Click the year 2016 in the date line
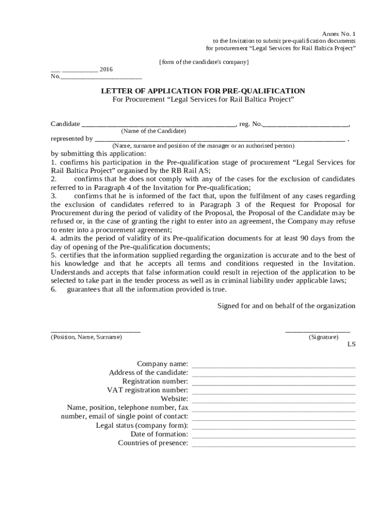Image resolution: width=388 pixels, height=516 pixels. (106, 69)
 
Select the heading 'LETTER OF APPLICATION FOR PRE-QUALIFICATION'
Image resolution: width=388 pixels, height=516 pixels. (203, 91)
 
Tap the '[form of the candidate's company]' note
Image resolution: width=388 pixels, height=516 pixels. (204, 62)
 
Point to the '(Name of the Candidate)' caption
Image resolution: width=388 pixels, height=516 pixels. (154, 131)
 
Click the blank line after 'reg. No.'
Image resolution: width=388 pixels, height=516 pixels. (306, 124)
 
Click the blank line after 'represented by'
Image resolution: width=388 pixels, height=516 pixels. (220, 140)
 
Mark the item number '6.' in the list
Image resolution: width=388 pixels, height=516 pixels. (53, 289)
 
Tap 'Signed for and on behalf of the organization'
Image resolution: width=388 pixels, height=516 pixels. (286, 306)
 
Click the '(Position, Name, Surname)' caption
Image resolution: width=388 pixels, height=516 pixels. (86, 337)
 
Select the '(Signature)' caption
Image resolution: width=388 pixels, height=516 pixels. (324, 337)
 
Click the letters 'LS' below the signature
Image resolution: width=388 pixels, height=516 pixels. (351, 345)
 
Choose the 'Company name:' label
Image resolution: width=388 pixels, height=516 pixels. (163, 364)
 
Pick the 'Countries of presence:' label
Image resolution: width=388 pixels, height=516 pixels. (153, 443)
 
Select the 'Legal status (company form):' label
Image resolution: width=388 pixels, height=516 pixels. (142, 425)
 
